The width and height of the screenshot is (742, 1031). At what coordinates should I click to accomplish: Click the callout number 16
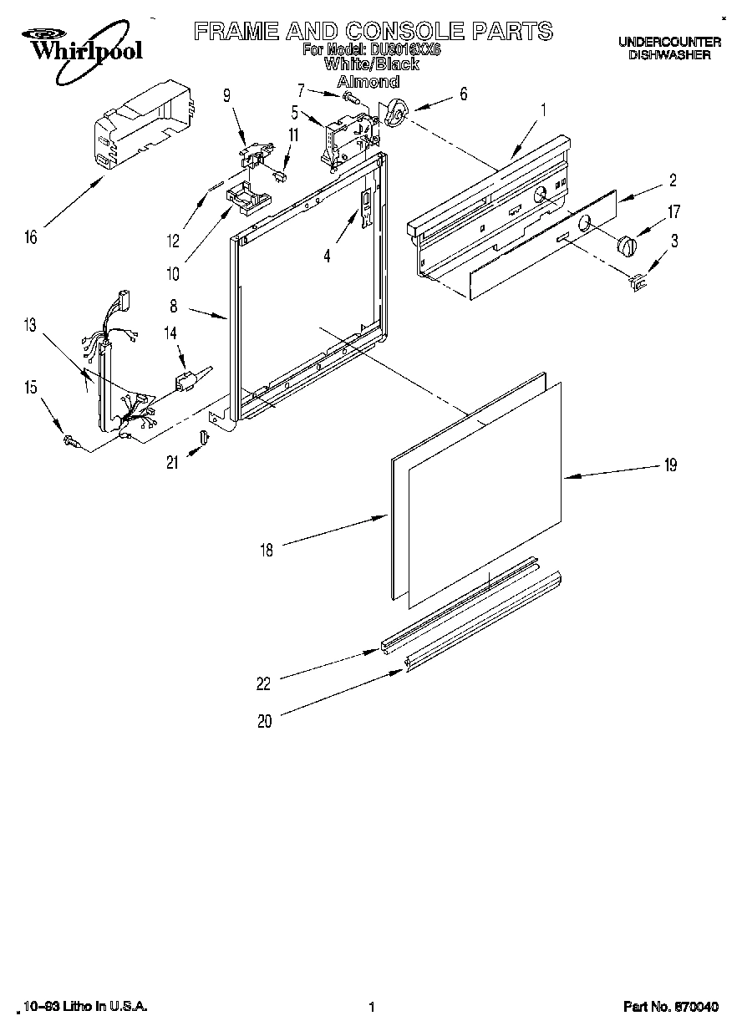(x=31, y=237)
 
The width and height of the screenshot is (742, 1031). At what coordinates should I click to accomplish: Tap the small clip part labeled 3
(x=639, y=283)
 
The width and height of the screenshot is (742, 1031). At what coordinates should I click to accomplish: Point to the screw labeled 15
(x=70, y=440)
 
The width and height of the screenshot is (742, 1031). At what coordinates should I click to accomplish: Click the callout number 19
(x=669, y=466)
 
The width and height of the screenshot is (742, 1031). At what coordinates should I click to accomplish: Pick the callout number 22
(x=264, y=683)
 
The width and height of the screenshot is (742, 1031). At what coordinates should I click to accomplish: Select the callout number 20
(x=264, y=722)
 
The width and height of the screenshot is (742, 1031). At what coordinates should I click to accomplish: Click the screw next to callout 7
(x=351, y=98)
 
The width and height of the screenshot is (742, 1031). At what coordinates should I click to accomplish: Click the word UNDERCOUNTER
(x=669, y=41)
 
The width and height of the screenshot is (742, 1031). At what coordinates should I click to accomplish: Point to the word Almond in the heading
(x=367, y=82)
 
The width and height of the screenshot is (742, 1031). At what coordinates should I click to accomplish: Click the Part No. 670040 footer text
(x=670, y=1008)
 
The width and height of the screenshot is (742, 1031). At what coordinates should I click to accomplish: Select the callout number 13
(x=30, y=326)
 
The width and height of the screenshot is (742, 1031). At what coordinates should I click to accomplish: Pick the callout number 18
(x=267, y=549)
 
